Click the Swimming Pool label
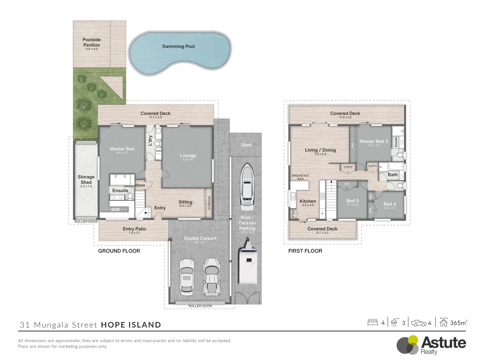[178, 46]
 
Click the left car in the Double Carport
[187, 277]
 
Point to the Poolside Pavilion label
[92, 42]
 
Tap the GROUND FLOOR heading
[119, 251]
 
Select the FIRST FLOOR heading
[305, 251]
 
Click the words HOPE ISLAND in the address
[131, 325]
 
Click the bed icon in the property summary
[372, 322]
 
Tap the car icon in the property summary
[419, 323]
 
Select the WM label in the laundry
[159, 151]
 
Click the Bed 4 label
[390, 204]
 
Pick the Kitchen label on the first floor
[308, 201]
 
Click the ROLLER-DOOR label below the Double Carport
[200, 306]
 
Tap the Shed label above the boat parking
[246, 145]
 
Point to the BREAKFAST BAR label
[300, 177]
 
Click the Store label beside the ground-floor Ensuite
[140, 185]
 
